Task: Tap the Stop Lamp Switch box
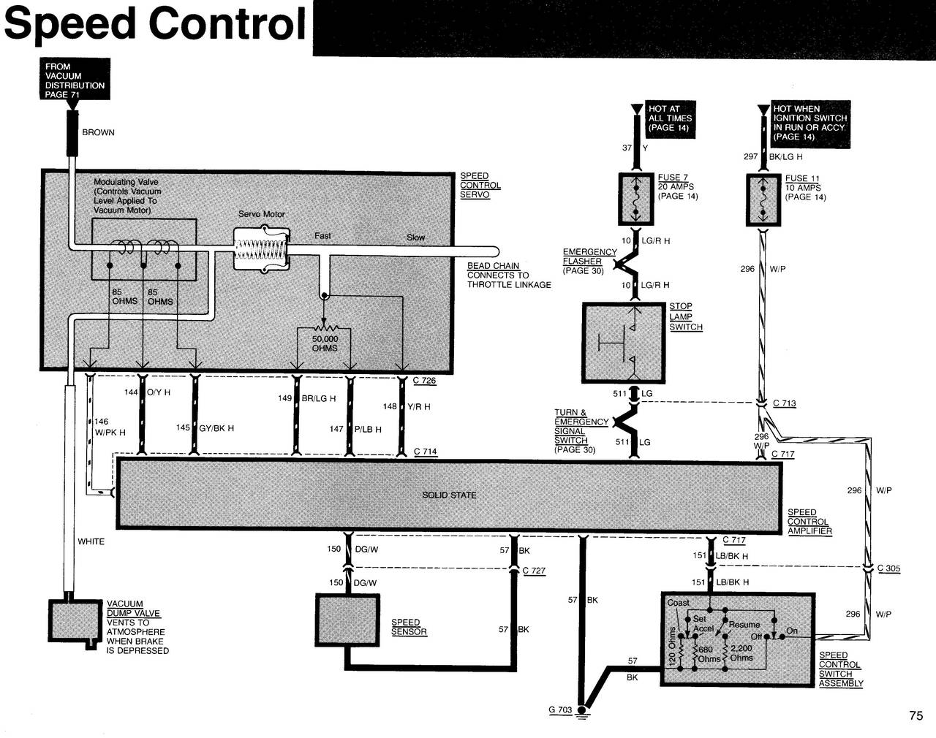click(x=624, y=343)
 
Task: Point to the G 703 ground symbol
click(x=583, y=710)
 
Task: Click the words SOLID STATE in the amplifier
click(x=449, y=495)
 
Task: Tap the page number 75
click(x=916, y=716)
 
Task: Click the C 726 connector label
click(x=424, y=381)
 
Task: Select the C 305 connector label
click(x=888, y=568)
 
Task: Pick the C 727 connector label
click(x=534, y=571)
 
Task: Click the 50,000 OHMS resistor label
click(x=325, y=343)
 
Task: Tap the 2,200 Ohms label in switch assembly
click(x=741, y=653)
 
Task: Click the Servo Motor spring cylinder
click(x=260, y=248)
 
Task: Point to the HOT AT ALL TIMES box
click(x=669, y=118)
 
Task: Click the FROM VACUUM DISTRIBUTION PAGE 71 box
click(x=75, y=80)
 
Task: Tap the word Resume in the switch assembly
click(x=744, y=625)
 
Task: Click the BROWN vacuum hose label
click(x=98, y=133)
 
